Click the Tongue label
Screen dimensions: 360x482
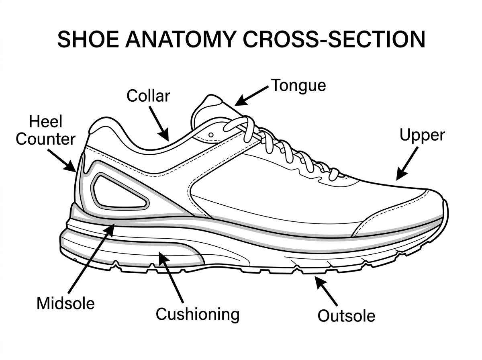tap(298, 85)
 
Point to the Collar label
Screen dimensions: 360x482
tap(148, 96)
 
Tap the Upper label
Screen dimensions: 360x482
tap(422, 135)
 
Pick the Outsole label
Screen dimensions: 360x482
tap(346, 315)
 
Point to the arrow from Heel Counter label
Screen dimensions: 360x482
tap(62, 160)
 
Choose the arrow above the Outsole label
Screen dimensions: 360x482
tap(326, 290)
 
